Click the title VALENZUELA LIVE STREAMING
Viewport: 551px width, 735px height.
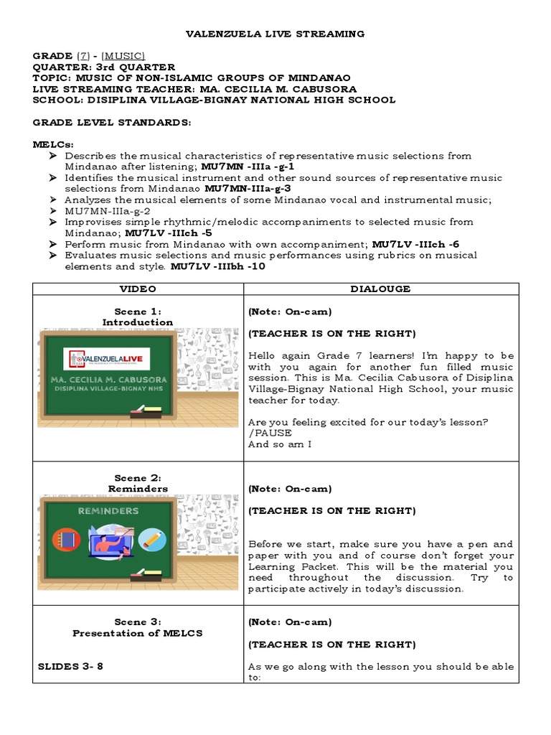(275, 34)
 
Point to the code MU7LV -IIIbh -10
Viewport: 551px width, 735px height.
(217, 266)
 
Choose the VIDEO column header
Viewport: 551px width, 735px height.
(138, 289)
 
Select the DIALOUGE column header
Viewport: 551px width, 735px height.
(380, 289)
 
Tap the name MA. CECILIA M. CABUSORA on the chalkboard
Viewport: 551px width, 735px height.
(108, 379)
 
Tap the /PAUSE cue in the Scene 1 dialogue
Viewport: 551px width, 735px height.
(267, 434)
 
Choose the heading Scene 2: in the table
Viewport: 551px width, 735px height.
(138, 478)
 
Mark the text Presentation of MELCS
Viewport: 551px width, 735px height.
(138, 633)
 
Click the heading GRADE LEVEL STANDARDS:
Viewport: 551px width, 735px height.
(112, 123)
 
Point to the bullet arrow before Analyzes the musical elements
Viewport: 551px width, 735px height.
(54, 200)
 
